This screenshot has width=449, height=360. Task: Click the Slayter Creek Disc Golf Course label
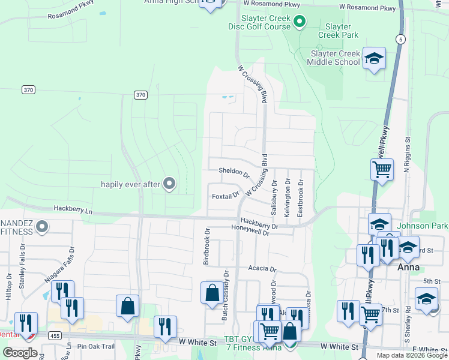(x=259, y=22)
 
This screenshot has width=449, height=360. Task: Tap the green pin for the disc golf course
(x=299, y=22)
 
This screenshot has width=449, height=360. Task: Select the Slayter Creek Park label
(x=342, y=31)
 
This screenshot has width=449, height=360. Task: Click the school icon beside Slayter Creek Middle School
(x=374, y=58)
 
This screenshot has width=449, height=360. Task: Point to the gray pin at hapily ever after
(x=169, y=184)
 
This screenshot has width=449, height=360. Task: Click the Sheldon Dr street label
(x=234, y=172)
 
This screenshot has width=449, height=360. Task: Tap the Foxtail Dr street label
(x=226, y=196)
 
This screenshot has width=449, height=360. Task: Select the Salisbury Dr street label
(x=274, y=197)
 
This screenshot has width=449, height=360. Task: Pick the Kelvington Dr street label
(x=288, y=197)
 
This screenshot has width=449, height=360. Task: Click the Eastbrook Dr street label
(x=301, y=197)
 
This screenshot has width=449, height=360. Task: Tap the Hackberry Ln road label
(x=73, y=211)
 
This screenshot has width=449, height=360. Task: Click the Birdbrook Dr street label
(x=207, y=246)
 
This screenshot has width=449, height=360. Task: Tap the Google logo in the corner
(x=20, y=353)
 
